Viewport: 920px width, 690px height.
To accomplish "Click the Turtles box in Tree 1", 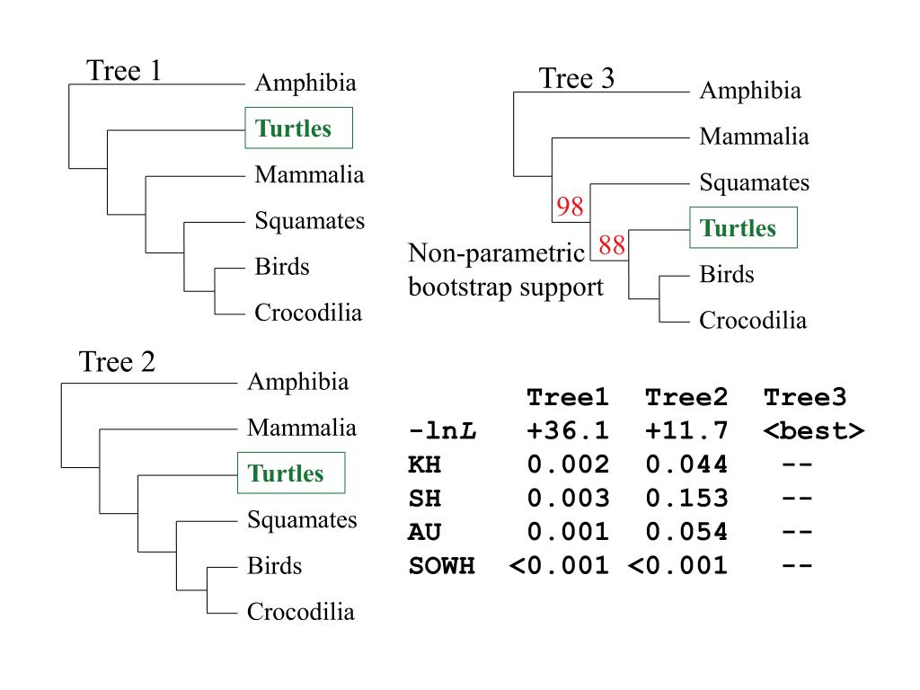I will (x=299, y=128).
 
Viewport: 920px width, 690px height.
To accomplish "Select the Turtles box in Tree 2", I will (x=291, y=473).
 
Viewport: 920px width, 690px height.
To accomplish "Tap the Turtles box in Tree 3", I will (x=744, y=228).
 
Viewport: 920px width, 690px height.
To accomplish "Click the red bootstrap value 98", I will (x=570, y=208).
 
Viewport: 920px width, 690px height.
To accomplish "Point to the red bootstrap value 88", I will (x=612, y=245).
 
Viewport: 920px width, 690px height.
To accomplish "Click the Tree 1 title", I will (x=123, y=71).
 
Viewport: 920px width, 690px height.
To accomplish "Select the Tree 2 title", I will (x=117, y=362).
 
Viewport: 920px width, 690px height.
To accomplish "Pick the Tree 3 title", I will (x=577, y=79).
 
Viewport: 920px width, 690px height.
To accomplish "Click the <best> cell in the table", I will (x=813, y=431).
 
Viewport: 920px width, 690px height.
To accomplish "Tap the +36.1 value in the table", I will (x=568, y=431).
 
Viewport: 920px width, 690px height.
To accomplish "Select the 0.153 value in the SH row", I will (x=686, y=499).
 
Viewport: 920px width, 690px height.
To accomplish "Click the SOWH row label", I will (x=441, y=566).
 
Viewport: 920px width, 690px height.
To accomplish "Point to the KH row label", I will (x=425, y=465).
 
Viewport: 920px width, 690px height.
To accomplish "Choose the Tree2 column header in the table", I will (x=686, y=397).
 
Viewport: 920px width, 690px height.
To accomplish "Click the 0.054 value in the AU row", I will (x=686, y=532).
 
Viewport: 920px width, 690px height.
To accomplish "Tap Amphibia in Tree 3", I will (x=750, y=91).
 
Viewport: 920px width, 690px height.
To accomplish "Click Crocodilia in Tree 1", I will (x=308, y=313).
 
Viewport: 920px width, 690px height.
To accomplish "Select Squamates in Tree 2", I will (x=302, y=519).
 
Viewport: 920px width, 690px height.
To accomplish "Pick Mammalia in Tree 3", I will (x=754, y=137).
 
